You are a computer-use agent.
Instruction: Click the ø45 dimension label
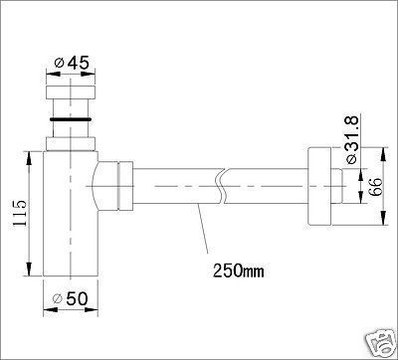(72, 63)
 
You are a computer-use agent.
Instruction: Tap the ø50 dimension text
(71, 299)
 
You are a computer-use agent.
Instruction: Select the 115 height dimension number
(19, 213)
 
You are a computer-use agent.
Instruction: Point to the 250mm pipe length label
(239, 270)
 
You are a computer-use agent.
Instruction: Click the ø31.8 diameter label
(351, 139)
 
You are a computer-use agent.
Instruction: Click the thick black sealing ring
(71, 118)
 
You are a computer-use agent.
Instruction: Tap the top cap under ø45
(71, 92)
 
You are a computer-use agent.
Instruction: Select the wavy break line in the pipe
(222, 186)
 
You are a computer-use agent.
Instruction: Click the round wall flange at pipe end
(319, 186)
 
